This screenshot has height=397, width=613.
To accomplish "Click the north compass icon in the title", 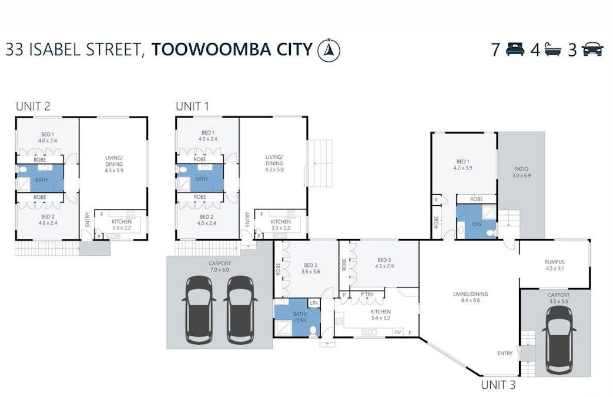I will [x=329, y=50].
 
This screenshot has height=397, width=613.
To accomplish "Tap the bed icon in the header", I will [x=515, y=50].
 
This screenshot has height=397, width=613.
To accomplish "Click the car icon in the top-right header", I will [x=592, y=50].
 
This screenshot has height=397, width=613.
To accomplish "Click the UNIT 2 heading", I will [x=33, y=106].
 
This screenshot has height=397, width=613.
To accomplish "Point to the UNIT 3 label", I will [x=498, y=385].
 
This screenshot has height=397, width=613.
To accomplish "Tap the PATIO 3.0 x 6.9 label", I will [x=521, y=172].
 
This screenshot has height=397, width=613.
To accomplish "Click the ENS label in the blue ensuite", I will [x=477, y=223].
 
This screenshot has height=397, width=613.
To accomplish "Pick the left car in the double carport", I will [x=199, y=309].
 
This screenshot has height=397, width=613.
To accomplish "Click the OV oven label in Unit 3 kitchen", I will [x=397, y=332].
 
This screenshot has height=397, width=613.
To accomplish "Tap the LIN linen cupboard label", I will [x=314, y=302].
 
